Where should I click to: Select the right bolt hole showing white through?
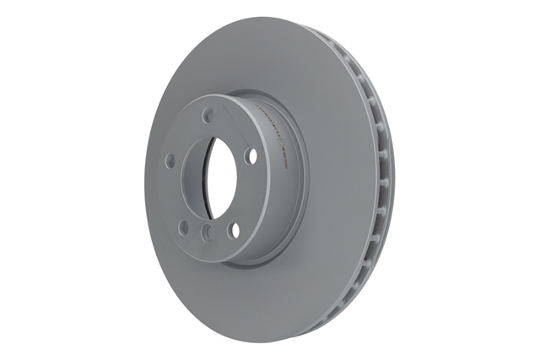pyautogui.click(x=250, y=155)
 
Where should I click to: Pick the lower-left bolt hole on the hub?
pyautogui.click(x=181, y=226)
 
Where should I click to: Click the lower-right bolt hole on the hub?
pyautogui.click(x=235, y=229)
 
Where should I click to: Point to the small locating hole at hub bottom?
pyautogui.click(x=206, y=239)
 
